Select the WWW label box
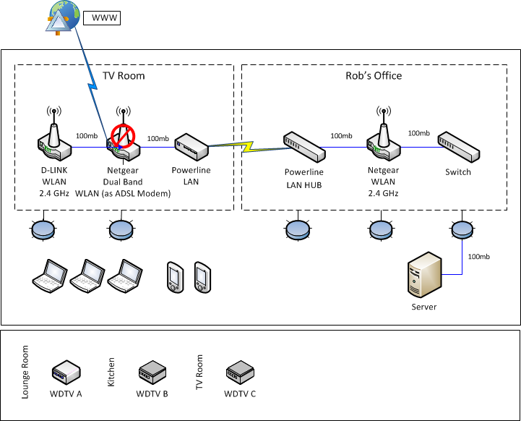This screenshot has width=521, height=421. [x=101, y=17]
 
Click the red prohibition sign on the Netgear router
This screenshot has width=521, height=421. [x=123, y=135]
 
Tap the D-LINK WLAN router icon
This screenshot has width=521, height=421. [x=53, y=142]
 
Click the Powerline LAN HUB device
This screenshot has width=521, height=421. [x=303, y=146]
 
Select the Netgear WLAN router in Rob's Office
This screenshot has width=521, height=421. [x=382, y=141]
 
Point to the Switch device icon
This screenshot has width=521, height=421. [x=459, y=148]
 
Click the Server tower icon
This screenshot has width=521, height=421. [x=424, y=275]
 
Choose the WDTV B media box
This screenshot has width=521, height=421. [x=152, y=372]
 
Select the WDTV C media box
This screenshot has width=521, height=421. [x=241, y=372]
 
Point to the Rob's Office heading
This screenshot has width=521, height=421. [x=373, y=76]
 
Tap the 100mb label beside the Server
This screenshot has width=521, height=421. [x=479, y=257]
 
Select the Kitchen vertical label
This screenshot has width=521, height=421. [x=111, y=371]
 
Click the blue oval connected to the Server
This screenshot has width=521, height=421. [x=462, y=229]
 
